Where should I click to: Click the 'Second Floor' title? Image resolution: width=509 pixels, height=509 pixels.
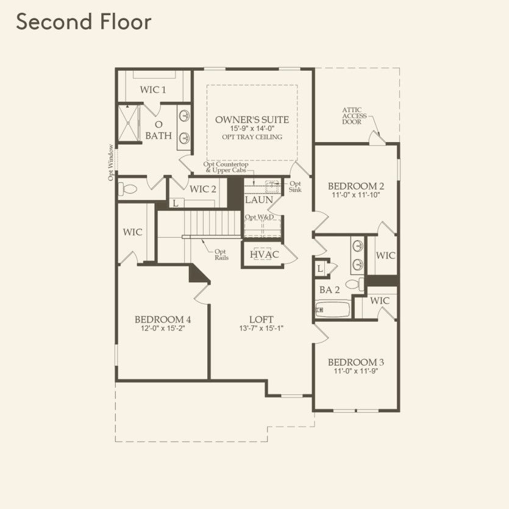pyautogui.click(x=84, y=22)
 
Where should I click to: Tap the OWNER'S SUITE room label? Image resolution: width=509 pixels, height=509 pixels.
pyautogui.click(x=252, y=119)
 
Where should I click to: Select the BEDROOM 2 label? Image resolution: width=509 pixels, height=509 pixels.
pyautogui.click(x=355, y=186)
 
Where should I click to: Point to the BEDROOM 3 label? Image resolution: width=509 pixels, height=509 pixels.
pyautogui.click(x=355, y=361)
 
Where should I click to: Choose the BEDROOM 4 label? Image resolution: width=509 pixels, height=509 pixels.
pyautogui.click(x=163, y=319)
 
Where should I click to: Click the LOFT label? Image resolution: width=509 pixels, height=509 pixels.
pyautogui.click(x=261, y=319)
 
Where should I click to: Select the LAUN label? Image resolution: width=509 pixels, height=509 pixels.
pyautogui.click(x=259, y=200)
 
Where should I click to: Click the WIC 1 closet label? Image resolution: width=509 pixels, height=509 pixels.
pyautogui.click(x=153, y=90)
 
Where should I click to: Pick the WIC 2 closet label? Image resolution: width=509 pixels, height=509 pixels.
pyautogui.click(x=203, y=189)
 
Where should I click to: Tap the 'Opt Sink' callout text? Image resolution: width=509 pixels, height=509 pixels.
pyautogui.click(x=295, y=187)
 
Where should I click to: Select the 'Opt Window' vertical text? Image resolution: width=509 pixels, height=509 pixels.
pyautogui.click(x=111, y=162)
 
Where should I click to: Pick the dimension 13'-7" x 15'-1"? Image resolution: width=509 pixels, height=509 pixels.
pyautogui.click(x=261, y=328)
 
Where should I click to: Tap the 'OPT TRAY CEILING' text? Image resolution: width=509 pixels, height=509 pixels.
pyautogui.click(x=252, y=137)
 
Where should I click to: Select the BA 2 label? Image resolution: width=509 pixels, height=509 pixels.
pyautogui.click(x=330, y=290)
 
